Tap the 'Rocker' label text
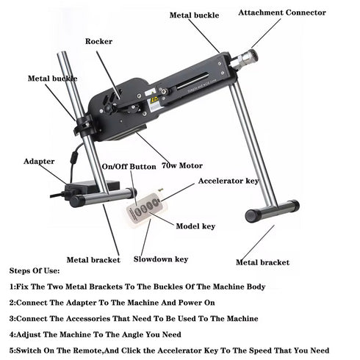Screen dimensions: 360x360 point(98,42)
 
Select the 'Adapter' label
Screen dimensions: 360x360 point(39,161)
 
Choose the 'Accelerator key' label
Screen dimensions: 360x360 point(228,180)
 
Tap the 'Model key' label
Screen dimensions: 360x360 point(195,226)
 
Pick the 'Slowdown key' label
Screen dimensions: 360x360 point(161,259)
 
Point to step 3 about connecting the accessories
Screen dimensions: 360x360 point(133,318)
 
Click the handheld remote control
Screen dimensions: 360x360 point(145,209)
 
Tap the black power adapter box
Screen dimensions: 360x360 point(87,193)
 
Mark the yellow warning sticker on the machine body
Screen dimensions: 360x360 point(154,100)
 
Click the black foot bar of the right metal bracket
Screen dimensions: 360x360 point(272,212)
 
